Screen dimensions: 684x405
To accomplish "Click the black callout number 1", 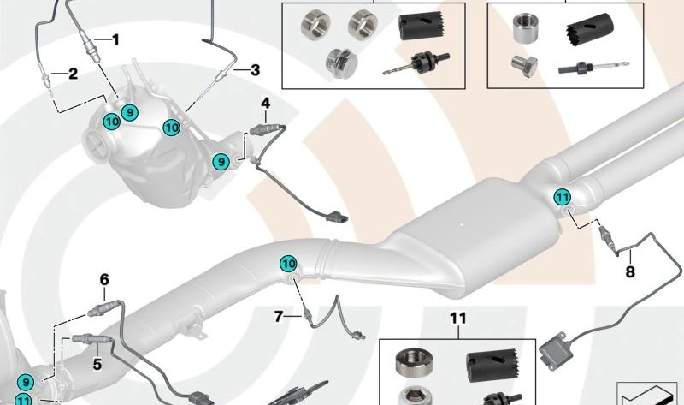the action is pyautogui.click(x=115, y=40).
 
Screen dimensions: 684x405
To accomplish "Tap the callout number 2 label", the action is pyautogui.click(x=73, y=74).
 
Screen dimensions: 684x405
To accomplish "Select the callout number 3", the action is pyautogui.click(x=255, y=70).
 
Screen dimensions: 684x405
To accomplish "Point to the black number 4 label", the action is pyautogui.click(x=266, y=104).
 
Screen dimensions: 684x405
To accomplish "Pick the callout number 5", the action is pyautogui.click(x=97, y=364).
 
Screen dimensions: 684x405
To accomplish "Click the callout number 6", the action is pyautogui.click(x=104, y=280).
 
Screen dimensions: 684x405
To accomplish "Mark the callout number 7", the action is pyautogui.click(x=279, y=316).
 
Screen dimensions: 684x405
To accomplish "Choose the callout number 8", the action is pyautogui.click(x=630, y=271).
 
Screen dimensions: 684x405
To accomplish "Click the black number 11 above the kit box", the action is pyautogui.click(x=458, y=318).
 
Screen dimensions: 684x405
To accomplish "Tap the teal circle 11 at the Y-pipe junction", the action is pyautogui.click(x=563, y=198).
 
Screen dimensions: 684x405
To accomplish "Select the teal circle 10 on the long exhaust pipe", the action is pyautogui.click(x=288, y=264).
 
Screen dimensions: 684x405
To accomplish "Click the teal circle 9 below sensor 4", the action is pyautogui.click(x=221, y=162).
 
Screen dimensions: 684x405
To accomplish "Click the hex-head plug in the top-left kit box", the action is pyautogui.click(x=341, y=63).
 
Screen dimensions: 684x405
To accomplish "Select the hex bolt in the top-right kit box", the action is pyautogui.click(x=524, y=66).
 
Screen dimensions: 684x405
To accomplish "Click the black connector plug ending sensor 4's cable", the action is pyautogui.click(x=337, y=217).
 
